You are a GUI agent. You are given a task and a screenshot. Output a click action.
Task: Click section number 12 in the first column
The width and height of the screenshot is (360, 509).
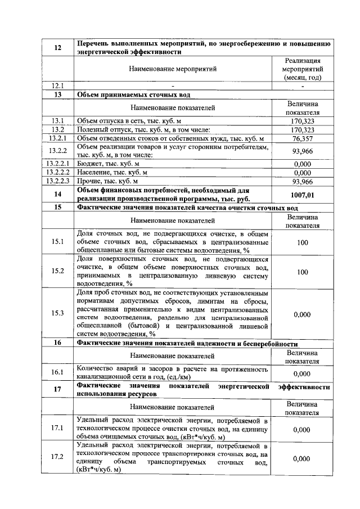[x=57, y=48]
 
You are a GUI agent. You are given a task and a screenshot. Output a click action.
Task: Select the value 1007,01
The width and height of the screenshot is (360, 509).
[x=302, y=195]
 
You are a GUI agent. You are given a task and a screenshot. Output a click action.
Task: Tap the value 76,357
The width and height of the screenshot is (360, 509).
[x=302, y=138]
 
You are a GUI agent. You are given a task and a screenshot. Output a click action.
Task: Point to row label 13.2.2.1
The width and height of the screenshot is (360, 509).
[x=57, y=163]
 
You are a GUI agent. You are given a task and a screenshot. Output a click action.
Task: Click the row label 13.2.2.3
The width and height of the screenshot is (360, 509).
[x=57, y=181]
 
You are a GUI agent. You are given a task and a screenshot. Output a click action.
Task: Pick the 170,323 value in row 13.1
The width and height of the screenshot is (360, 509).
[x=302, y=120]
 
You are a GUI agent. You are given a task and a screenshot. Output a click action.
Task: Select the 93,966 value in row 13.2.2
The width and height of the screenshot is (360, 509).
[x=302, y=151]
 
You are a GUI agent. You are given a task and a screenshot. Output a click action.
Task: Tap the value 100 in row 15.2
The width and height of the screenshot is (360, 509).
[x=302, y=272]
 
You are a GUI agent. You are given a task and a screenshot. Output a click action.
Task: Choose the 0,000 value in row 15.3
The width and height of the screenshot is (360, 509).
[x=302, y=314]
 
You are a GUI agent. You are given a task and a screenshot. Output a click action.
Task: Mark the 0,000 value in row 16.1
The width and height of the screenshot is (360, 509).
[x=302, y=373]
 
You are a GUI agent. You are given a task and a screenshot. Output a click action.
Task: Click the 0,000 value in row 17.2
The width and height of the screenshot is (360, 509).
[x=302, y=458]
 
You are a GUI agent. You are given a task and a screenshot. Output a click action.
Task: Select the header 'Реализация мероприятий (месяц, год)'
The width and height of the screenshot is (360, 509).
[x=302, y=69]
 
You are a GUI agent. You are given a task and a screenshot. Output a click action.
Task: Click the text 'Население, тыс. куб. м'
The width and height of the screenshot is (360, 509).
[x=112, y=172]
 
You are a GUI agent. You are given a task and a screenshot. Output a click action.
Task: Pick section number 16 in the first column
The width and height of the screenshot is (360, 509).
[x=57, y=343]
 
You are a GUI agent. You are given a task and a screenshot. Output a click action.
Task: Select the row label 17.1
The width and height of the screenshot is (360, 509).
[x=57, y=428]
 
